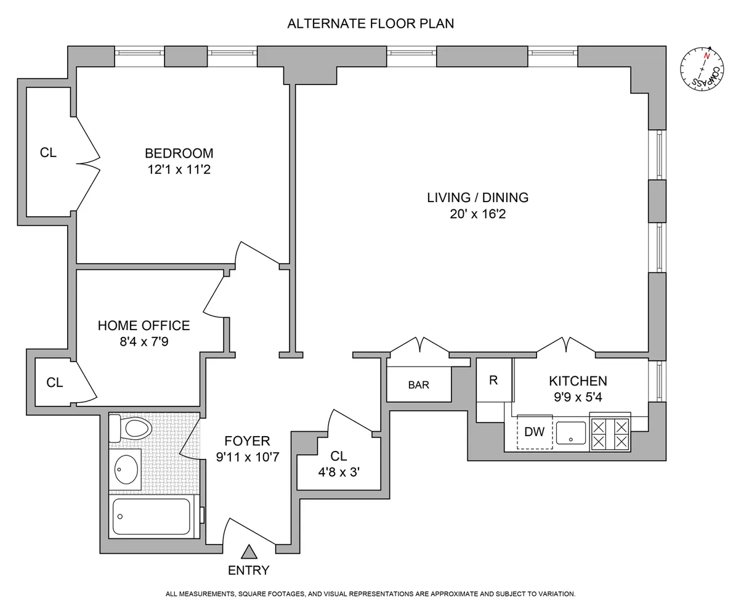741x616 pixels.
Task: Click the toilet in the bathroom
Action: coord(130,429)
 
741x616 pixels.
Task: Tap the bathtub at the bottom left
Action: coord(152,517)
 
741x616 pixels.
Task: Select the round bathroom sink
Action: coord(126,469)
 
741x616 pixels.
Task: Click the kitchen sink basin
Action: coord(570,433)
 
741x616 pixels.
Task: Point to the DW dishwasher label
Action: coord(535,432)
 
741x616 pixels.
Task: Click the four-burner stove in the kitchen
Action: coord(610,432)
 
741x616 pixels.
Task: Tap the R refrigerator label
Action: coord(493,381)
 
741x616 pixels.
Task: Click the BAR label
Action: coord(419,385)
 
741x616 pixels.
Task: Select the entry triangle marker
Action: coord(249,553)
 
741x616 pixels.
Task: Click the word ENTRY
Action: coord(248,570)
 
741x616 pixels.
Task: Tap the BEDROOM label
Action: coord(179,153)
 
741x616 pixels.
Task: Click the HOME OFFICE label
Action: coord(144,325)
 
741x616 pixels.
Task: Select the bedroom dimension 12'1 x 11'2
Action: coord(179,169)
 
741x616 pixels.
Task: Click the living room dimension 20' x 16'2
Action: coord(477,214)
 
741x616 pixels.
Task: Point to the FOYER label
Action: coord(248,440)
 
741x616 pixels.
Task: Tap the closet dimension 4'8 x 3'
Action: coord(339,472)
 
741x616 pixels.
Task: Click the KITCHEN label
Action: coord(578,381)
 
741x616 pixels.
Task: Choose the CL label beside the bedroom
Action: coord(48,153)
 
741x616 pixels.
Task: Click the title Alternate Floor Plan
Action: coord(371,23)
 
